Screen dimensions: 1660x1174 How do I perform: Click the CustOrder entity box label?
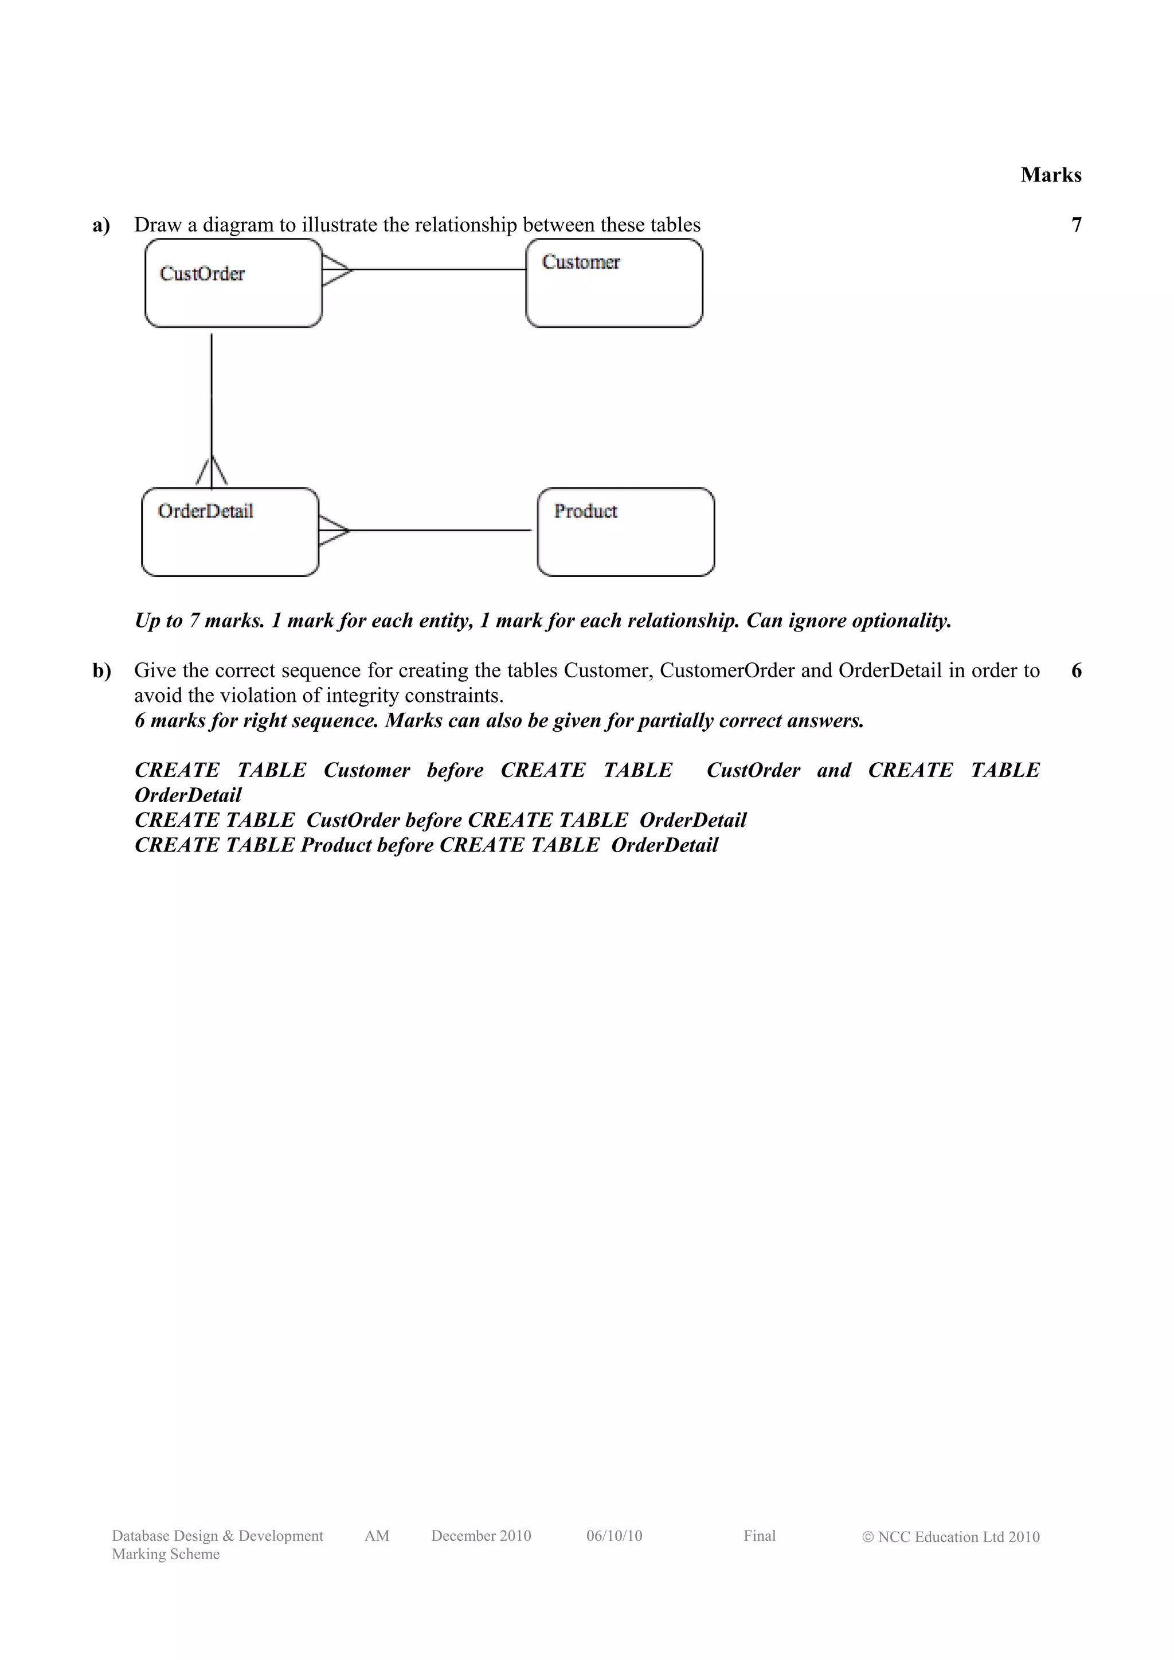coord(202,273)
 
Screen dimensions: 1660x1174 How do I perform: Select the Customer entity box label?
coord(581,262)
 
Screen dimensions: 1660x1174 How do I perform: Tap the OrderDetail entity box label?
coord(205,511)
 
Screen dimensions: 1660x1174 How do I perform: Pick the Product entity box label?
coord(585,511)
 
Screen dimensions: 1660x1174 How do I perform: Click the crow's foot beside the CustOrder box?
coord(336,270)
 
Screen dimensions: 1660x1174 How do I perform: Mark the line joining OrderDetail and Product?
coord(440,530)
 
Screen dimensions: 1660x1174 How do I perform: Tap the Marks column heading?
coord(1050,174)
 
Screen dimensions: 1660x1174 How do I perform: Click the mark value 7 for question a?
coord(1075,225)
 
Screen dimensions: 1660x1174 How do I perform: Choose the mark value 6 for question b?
coord(1075,671)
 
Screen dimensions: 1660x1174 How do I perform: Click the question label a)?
coord(101,225)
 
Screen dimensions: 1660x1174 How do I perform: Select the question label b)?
coord(101,671)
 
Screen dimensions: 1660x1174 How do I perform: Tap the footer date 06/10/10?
coord(614,1536)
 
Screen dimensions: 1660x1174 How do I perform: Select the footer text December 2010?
coord(481,1536)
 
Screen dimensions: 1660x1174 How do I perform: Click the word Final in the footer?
coord(759,1536)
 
